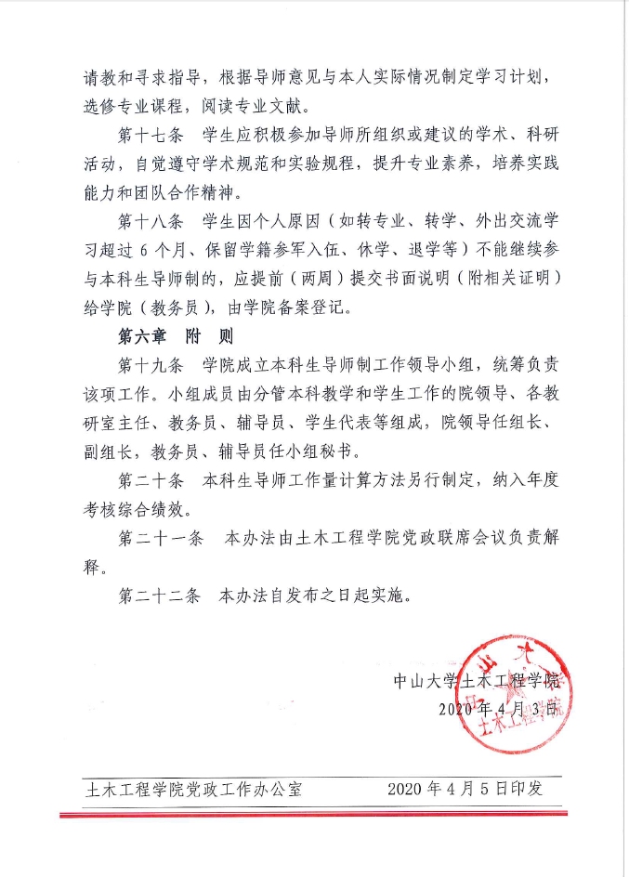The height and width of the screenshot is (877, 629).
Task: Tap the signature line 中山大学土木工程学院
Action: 477,680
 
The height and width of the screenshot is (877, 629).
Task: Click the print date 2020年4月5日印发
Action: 465,789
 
